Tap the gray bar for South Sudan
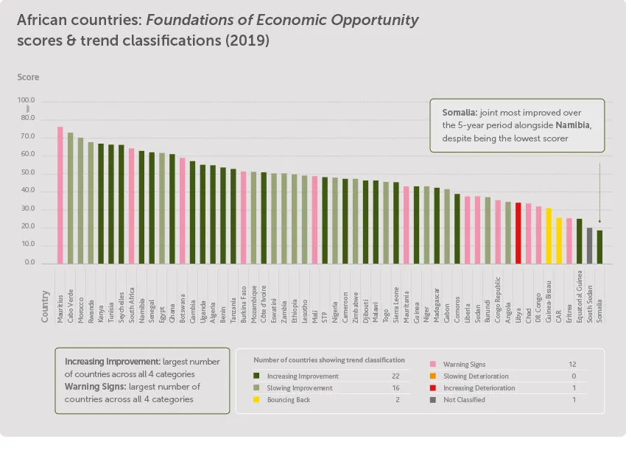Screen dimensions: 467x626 (x=589, y=245)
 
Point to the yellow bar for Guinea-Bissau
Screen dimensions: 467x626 (x=549, y=236)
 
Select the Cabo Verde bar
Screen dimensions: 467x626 (x=71, y=198)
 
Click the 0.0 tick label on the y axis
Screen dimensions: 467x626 (x=29, y=263)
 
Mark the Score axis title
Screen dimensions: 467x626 (x=28, y=77)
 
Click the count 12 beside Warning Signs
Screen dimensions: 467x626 (x=572, y=365)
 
